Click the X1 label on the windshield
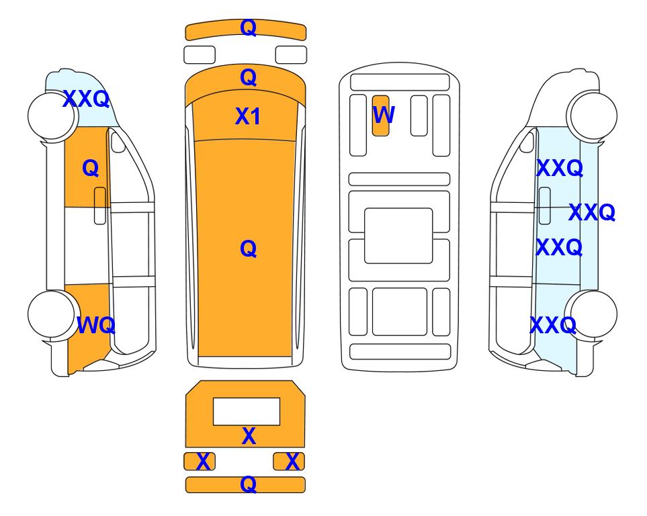pos(247,116)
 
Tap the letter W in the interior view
pos(384,115)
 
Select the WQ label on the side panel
pos(95,325)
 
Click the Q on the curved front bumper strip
pos(248,28)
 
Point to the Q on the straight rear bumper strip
pos(248,484)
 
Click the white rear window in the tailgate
pos(247,412)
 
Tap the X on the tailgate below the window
pos(249,436)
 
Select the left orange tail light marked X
pos(200,461)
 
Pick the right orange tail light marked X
pos(289,461)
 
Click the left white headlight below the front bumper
pos(200,55)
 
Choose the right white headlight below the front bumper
pos(291,55)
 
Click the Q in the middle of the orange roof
pos(248,249)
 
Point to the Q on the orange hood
pos(248,77)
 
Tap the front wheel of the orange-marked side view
pos(52,116)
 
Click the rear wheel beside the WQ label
pos(52,314)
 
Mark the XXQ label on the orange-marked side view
pos(86,99)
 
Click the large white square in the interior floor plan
pos(398,236)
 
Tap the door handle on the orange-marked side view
pos(100,206)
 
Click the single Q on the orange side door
pos(91,168)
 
